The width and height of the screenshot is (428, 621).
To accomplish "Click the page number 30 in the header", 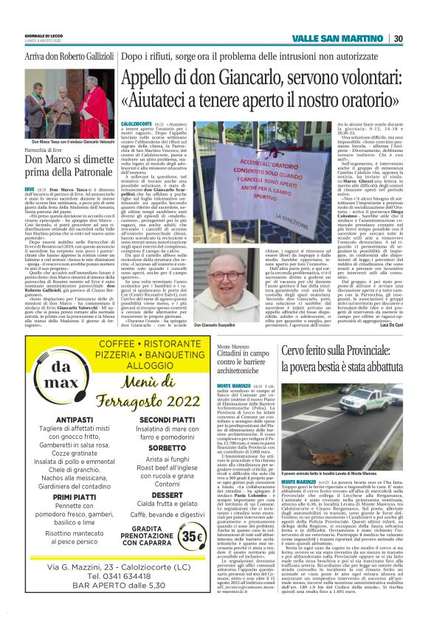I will (x=398, y=39).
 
